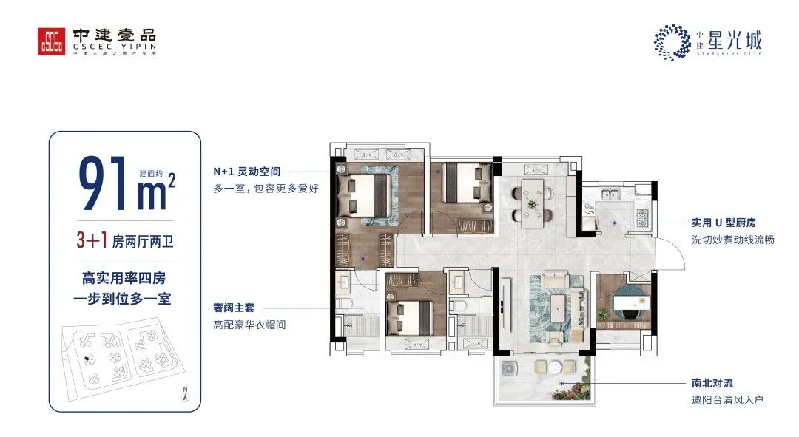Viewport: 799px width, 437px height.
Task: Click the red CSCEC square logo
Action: tap(52, 41)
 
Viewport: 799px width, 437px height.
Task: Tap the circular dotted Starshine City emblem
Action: tap(671, 41)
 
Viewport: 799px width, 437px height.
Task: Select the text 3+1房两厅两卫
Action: tap(125, 240)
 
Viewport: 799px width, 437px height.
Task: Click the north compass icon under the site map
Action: tap(186, 396)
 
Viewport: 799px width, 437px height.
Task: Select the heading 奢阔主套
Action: tap(232, 307)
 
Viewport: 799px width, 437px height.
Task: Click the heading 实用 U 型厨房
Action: tap(724, 222)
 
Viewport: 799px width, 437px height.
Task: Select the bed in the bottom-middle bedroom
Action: tap(411, 314)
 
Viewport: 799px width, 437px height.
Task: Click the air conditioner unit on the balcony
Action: tap(511, 369)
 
